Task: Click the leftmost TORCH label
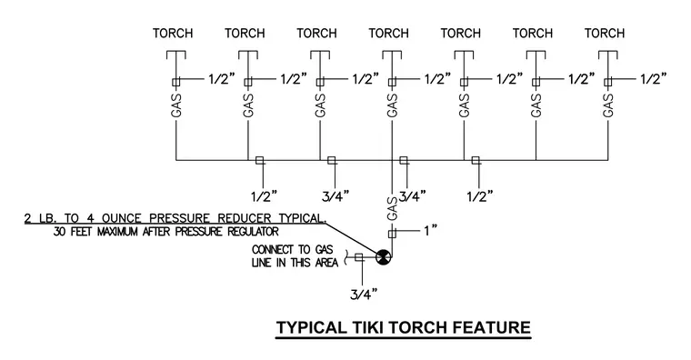click(173, 34)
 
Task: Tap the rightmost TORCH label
click(605, 34)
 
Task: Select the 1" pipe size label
click(430, 230)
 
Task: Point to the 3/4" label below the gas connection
click(364, 294)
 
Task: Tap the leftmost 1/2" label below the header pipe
click(265, 195)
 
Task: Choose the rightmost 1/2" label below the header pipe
click(480, 195)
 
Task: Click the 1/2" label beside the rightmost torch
click(654, 79)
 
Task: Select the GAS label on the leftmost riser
click(176, 105)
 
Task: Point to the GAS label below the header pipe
click(392, 208)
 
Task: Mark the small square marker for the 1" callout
click(392, 234)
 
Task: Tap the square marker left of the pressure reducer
click(359, 257)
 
